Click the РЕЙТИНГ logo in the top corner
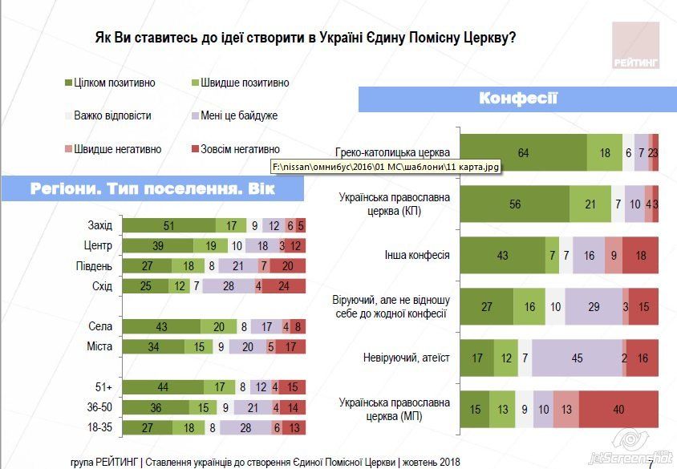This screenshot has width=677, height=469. coord(634,45)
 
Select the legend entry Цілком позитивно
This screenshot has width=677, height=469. coord(114,83)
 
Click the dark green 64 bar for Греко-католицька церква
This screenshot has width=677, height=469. coord(523,153)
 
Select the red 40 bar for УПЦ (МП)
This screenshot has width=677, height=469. coord(618,409)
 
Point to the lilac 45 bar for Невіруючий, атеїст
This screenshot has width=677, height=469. coord(577,358)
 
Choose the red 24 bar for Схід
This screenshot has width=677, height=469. coord(284,286)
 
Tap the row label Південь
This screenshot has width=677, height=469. coord(95,266)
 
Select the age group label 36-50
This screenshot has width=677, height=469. coord(99,407)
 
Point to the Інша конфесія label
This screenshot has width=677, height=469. coord(417,256)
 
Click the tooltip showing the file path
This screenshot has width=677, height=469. coord(387,167)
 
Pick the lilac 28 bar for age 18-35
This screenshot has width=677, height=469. coord(245,427)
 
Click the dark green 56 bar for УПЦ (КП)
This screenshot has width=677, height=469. coord(515,204)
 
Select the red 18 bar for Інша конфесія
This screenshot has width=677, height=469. coord(640,256)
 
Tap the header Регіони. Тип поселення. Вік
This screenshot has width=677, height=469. coord(152,189)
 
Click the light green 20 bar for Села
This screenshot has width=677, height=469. coord(219,326)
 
